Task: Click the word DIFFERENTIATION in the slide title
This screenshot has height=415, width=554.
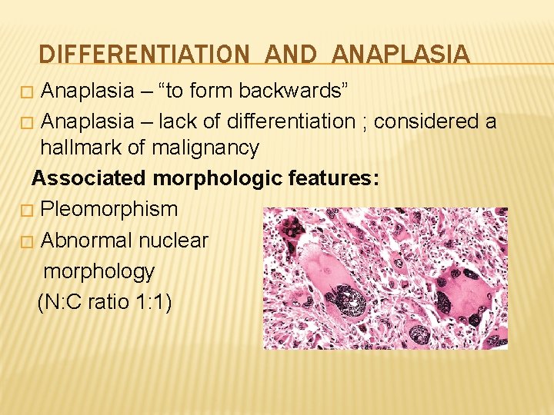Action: point(144,55)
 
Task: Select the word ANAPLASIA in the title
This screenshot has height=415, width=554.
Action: point(402,55)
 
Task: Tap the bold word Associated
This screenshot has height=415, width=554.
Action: point(89,178)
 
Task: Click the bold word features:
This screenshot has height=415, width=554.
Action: point(332,178)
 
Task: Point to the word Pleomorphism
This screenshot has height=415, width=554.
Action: point(108,209)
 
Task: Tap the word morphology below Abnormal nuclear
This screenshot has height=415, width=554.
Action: point(98,271)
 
